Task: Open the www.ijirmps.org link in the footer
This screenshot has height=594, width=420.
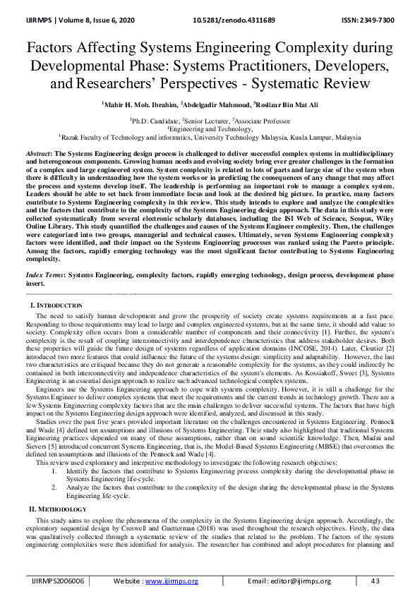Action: pyautogui.click(x=172, y=581)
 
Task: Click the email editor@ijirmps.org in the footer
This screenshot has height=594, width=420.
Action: pyautogui.click(x=295, y=581)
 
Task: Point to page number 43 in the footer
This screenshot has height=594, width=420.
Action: pyautogui.click(x=375, y=581)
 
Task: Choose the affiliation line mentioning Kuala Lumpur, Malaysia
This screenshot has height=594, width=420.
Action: pyautogui.click(x=210, y=138)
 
